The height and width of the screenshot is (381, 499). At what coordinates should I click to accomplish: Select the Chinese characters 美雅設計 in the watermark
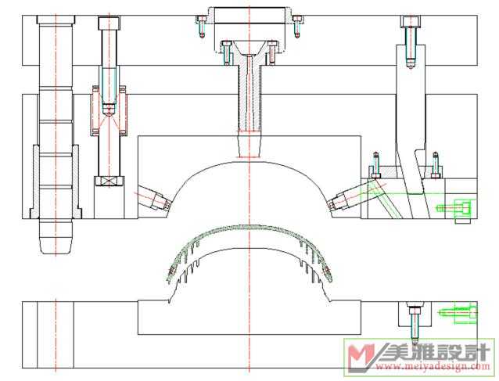[x=436, y=352]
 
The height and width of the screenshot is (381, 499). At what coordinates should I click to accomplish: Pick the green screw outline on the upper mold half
[x=454, y=209]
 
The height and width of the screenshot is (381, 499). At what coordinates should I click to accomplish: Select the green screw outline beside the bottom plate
[x=458, y=313]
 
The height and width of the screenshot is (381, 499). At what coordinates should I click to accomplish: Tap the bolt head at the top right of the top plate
[x=411, y=22]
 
